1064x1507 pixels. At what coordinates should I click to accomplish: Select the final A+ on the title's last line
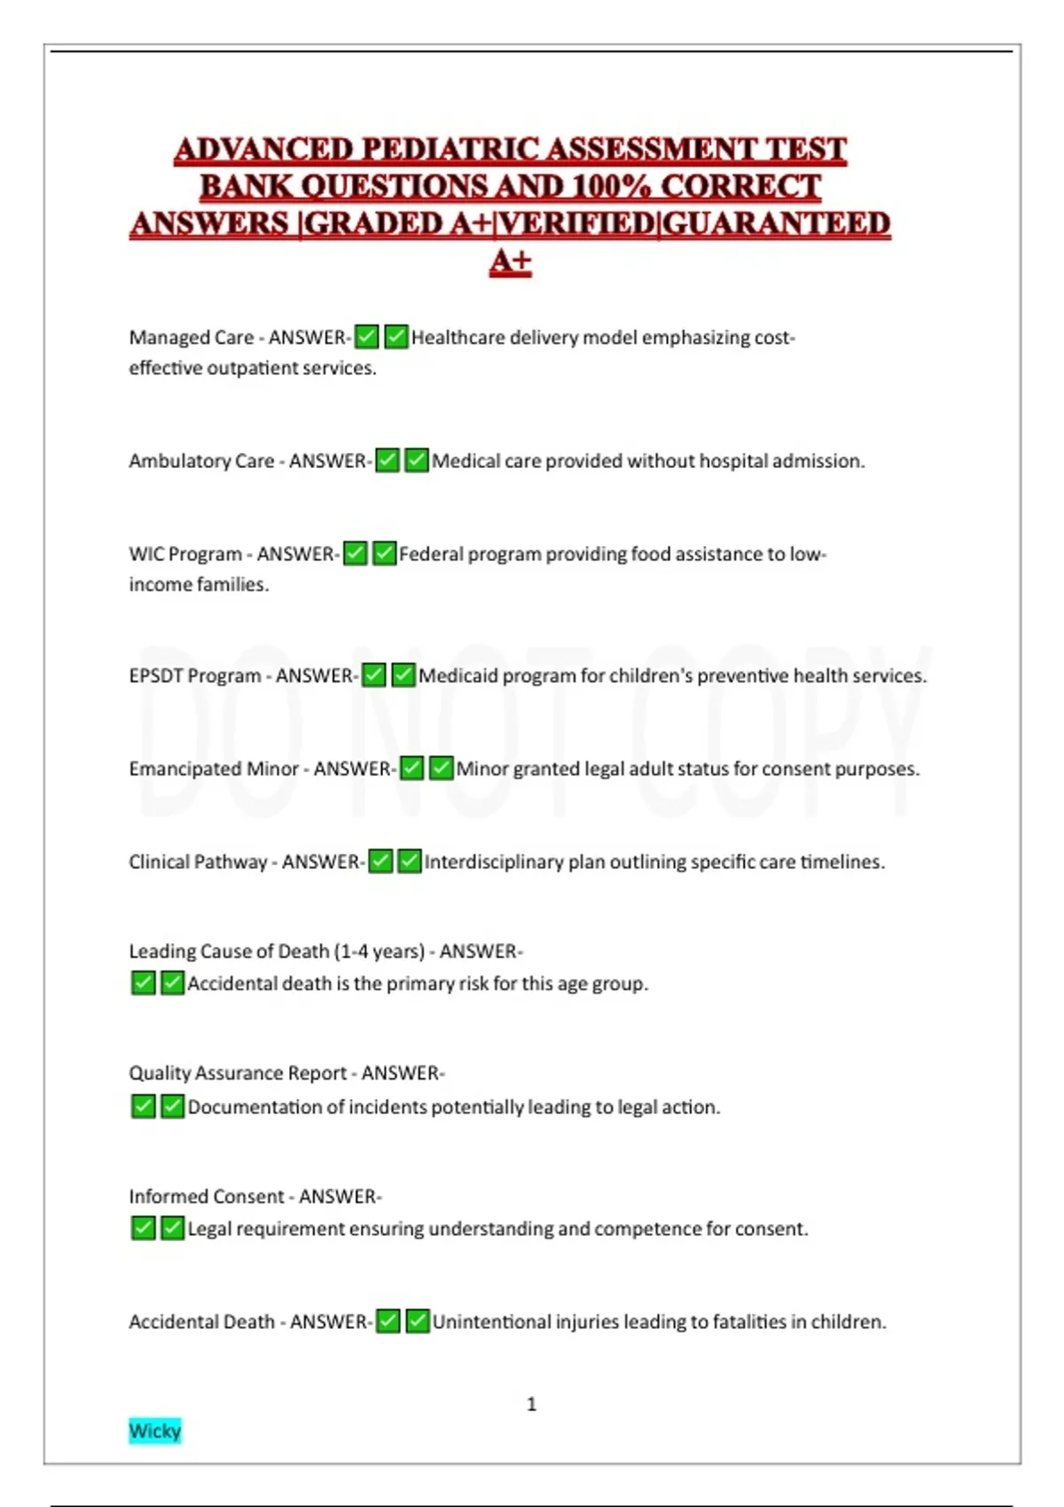pos(510,262)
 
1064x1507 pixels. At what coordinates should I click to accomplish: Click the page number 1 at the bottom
pos(531,1404)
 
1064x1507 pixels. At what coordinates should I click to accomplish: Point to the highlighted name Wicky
pos(155,1431)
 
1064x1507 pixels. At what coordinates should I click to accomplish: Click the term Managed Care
pos(191,338)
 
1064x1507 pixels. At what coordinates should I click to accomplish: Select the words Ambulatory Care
pos(201,461)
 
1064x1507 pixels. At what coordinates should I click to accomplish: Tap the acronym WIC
pos(146,554)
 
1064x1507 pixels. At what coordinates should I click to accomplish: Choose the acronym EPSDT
pos(156,675)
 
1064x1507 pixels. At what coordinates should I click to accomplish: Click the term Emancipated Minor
pos(214,769)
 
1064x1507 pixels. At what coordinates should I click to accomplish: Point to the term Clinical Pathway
pos(198,862)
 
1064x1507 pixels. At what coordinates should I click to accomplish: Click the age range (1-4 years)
pos(379,951)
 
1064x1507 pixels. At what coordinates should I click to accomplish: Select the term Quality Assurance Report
pos(238,1073)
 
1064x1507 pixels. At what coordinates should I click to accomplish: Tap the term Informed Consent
pos(207,1197)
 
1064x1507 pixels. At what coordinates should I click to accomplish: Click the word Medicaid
pos(458,675)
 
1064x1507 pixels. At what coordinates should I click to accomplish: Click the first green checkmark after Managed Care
pos(366,337)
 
